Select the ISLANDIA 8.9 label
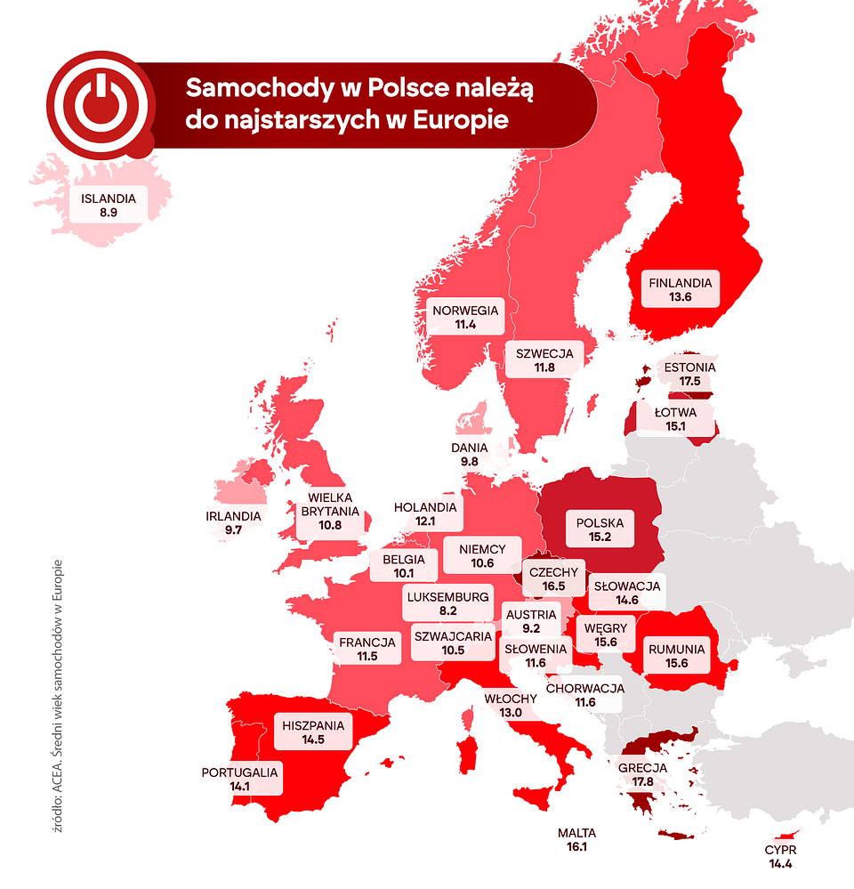point(109,206)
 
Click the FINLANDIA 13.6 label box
point(681,290)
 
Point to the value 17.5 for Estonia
point(689,380)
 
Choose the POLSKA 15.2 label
point(600,530)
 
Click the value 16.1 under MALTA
point(576,847)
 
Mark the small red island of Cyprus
point(786,835)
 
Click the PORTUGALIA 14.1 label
point(239,779)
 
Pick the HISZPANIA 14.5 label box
point(313,732)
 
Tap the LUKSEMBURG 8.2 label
point(447,603)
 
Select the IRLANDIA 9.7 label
point(233,522)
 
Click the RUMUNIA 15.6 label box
point(676,657)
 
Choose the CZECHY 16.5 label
point(553,579)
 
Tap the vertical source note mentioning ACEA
point(58,694)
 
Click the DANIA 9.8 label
point(470,455)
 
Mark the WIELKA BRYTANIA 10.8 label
point(330,512)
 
